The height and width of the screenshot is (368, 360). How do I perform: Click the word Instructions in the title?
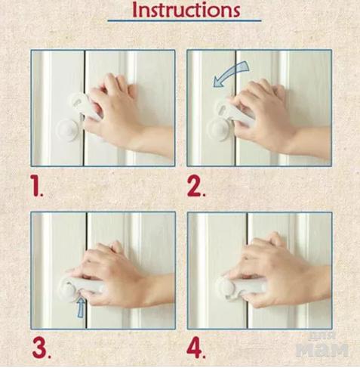click(x=186, y=10)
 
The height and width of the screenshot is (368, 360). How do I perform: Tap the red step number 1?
click(x=36, y=186)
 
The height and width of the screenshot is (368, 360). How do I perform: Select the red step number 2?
click(x=195, y=187)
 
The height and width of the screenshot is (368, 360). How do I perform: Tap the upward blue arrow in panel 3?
click(x=80, y=308)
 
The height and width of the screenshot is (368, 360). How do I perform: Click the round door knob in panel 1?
click(x=68, y=131)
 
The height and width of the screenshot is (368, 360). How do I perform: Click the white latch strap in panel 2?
click(x=234, y=112)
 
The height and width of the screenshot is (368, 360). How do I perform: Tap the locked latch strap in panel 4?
click(x=242, y=287)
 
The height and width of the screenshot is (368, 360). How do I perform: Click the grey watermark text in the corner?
click(x=322, y=346)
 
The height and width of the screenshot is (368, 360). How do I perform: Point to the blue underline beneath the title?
click(x=184, y=20)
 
